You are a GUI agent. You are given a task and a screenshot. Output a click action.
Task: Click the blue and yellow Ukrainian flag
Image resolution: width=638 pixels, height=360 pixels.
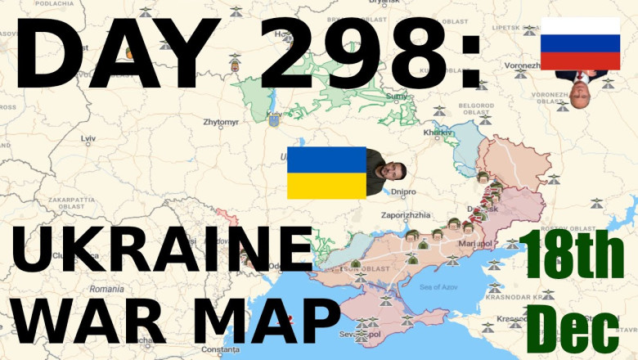pyautogui.click(x=326, y=173)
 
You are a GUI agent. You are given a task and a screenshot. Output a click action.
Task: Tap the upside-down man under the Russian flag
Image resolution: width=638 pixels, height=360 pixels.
pyautogui.click(x=582, y=83)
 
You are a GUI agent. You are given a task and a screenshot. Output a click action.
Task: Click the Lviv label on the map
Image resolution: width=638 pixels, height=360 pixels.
pyautogui.click(x=88, y=140)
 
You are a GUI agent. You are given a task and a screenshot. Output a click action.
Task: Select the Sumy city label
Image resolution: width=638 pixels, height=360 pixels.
pyautogui.click(x=396, y=97)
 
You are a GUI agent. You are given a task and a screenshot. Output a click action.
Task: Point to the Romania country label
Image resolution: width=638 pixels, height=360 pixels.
pyautogui.click(x=107, y=289)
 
